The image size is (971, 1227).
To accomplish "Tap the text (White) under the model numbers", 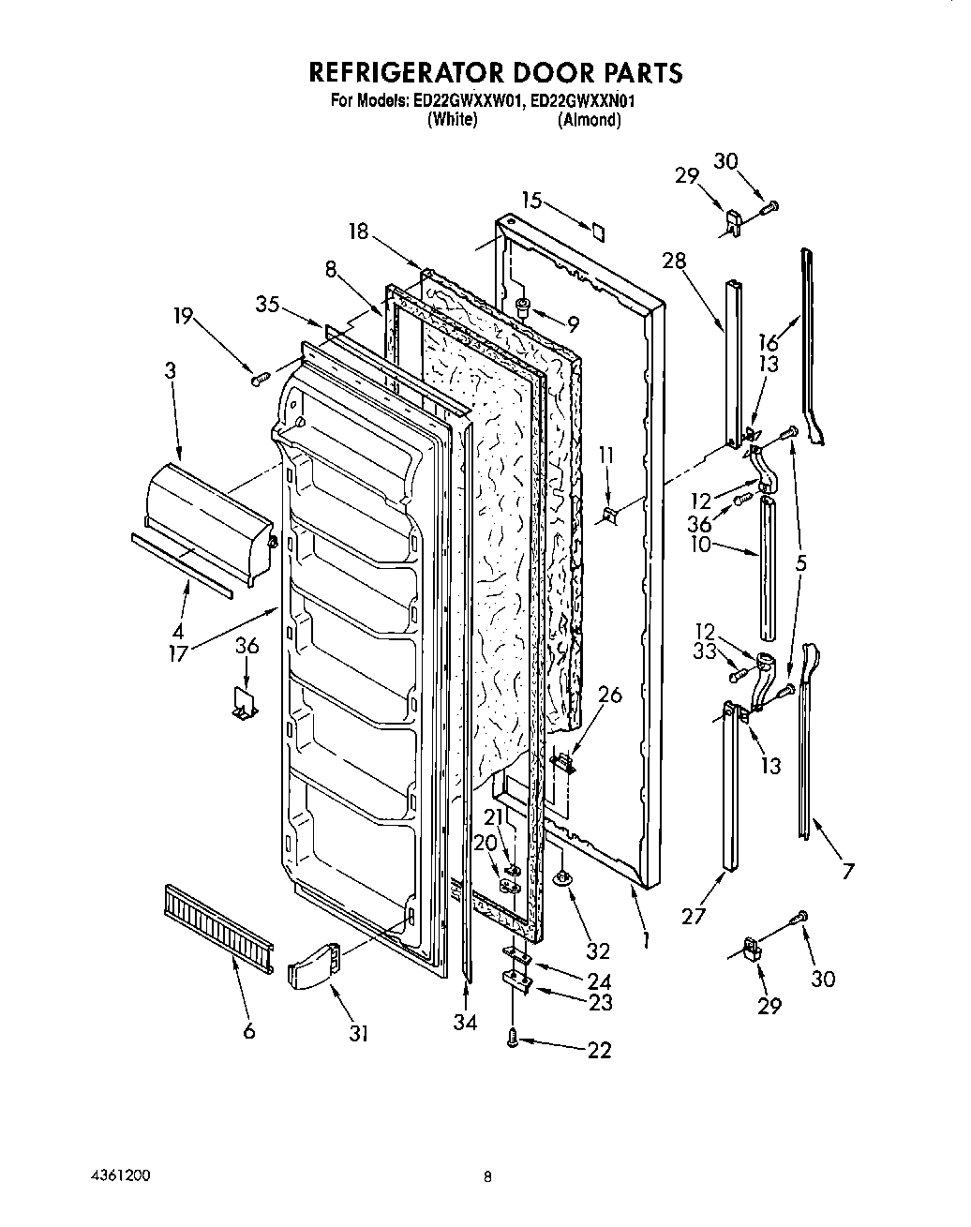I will coord(453,120).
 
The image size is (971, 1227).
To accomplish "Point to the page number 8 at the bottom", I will coord(487,1177).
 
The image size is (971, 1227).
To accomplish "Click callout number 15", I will coord(531,200).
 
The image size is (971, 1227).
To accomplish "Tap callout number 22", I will coord(599,1051).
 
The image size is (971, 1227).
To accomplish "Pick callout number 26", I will coord(609,695).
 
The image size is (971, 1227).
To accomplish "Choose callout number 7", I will coord(847,872).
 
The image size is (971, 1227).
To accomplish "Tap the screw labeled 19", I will coord(260,378).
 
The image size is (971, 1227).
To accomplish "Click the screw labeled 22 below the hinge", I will coord(513,1038).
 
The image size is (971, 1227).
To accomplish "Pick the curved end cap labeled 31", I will coord(309,965).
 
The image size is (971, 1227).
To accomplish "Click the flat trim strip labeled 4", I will coord(182,565).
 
